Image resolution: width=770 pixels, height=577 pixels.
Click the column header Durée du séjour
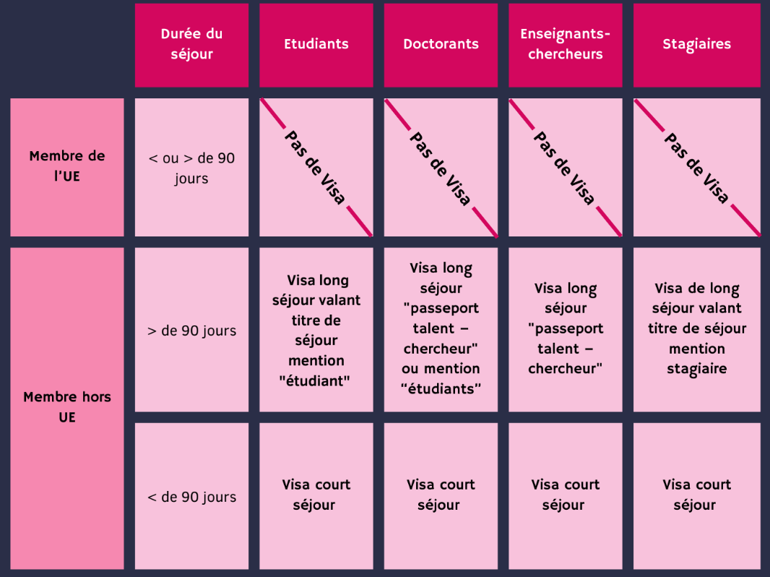tap(191, 46)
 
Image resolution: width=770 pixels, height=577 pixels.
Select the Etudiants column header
tap(316, 46)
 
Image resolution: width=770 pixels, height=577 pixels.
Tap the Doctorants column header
tap(441, 46)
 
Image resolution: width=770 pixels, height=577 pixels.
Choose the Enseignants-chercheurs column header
tap(566, 46)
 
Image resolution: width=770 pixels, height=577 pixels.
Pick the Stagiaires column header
tap(697, 46)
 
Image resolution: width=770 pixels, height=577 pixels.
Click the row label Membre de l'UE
tap(67, 167)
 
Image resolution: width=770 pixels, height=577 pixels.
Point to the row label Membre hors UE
tap(67, 408)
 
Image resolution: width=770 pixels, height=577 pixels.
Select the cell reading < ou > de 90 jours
tap(191, 167)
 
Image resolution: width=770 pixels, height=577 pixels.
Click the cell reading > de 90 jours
tap(191, 330)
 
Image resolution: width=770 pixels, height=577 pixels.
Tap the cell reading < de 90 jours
tap(191, 496)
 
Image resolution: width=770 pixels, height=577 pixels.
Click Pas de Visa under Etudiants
tap(315, 167)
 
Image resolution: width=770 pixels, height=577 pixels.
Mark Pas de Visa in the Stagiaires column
tap(696, 168)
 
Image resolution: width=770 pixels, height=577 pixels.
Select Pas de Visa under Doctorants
tap(441, 168)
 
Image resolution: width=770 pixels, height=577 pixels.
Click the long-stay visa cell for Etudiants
tap(316, 330)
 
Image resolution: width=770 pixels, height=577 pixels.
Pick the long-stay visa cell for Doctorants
tap(441, 330)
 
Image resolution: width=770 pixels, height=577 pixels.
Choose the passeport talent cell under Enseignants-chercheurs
tap(566, 330)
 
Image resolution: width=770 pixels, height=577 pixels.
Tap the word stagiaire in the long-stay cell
tap(697, 369)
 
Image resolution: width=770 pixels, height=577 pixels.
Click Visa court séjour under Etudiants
tap(316, 495)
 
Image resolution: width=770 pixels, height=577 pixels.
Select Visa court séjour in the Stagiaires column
tap(697, 495)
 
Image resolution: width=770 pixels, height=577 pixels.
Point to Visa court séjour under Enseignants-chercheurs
tap(566, 495)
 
